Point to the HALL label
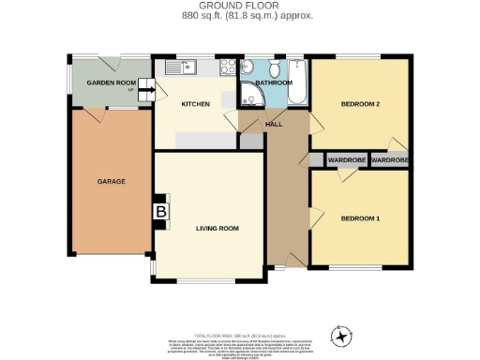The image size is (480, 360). pyautogui.click(x=275, y=124)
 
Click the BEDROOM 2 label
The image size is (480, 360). pyautogui.click(x=360, y=103)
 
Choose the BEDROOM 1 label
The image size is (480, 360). pyautogui.click(x=360, y=218)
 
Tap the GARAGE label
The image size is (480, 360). pyautogui.click(x=112, y=181)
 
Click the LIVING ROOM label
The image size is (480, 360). pyautogui.click(x=217, y=228)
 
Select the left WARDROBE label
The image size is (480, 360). pyautogui.click(x=347, y=160)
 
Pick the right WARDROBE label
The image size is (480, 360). pyautogui.click(x=389, y=160)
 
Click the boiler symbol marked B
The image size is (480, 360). pyautogui.click(x=160, y=213)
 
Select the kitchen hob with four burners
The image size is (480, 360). pyautogui.click(x=227, y=67)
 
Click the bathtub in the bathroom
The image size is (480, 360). pyautogui.click(x=296, y=82)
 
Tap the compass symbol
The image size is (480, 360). pyautogui.click(x=342, y=333)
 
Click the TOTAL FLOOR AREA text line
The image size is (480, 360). pyautogui.click(x=239, y=335)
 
